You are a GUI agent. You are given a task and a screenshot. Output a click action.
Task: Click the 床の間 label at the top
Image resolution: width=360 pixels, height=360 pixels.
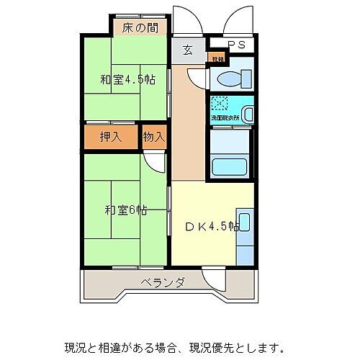point(140,28)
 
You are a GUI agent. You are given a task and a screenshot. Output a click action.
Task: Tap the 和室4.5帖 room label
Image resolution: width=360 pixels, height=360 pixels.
point(127,79)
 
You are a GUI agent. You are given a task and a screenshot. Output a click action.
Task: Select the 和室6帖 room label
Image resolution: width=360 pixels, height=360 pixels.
point(126,210)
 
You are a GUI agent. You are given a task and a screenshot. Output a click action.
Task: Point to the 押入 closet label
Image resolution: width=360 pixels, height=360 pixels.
point(110,137)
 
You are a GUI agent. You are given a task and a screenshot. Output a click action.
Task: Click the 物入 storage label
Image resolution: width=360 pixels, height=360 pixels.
point(153,137)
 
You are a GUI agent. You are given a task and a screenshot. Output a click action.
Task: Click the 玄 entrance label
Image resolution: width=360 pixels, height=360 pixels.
point(187,50)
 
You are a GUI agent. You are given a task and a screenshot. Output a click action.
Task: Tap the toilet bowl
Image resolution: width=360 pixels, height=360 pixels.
point(233,78)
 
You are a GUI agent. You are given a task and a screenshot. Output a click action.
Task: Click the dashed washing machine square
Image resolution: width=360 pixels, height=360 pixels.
point(220,104)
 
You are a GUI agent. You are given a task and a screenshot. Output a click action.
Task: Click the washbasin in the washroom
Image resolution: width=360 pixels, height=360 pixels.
point(247,112)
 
